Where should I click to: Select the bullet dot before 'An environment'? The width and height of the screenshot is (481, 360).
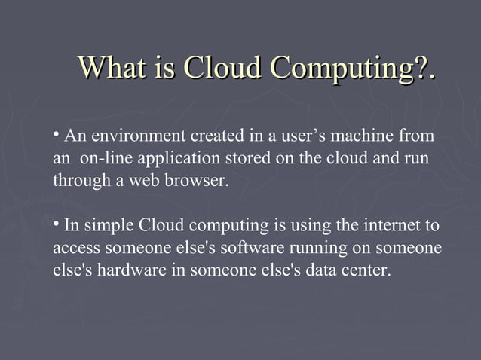coord(57,133)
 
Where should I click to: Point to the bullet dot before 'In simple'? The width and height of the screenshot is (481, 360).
coord(57,224)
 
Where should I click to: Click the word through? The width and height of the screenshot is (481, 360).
coord(78,182)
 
